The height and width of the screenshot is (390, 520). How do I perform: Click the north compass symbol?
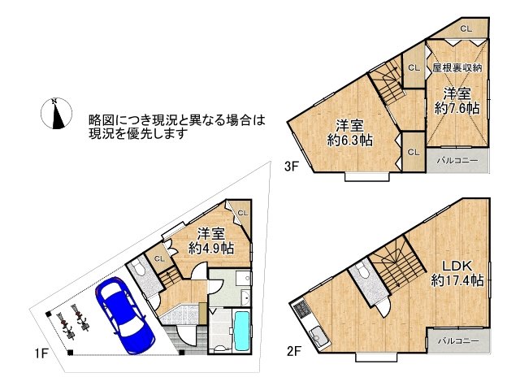tap(55, 114)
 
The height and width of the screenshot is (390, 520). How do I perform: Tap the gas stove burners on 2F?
tap(302, 309)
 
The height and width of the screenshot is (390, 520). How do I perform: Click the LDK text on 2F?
tap(457, 265)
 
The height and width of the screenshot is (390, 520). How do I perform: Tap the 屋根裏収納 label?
tap(457, 68)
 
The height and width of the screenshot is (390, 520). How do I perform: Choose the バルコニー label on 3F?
tap(457, 160)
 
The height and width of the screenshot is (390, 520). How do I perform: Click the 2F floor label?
tap(293, 352)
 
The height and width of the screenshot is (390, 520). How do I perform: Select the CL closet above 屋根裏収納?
tap(466, 28)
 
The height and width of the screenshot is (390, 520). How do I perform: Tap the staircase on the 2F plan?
tap(392, 268)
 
